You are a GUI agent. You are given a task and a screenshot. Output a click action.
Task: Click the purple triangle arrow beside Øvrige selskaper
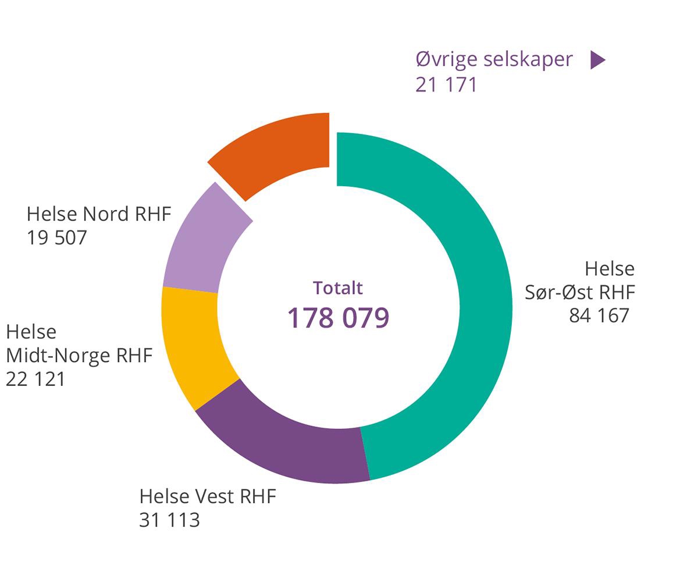click(597, 60)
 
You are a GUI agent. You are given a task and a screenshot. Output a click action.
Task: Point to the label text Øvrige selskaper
click(494, 59)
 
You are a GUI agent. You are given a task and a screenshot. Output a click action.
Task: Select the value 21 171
click(446, 85)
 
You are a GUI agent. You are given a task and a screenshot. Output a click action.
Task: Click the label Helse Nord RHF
click(99, 214)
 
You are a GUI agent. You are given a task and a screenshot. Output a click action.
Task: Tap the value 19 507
click(56, 238)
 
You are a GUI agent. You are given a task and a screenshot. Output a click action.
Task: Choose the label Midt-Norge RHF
click(79, 355)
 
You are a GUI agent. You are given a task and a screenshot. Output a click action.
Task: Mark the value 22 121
click(35, 379)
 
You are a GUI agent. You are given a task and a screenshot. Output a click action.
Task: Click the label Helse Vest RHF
click(208, 496)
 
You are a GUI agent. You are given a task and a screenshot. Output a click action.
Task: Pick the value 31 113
click(169, 520)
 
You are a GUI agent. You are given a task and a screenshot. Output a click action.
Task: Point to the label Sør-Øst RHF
click(579, 292)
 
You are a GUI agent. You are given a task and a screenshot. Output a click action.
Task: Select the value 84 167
click(599, 315)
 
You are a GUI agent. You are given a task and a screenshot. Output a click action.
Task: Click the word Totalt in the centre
click(338, 288)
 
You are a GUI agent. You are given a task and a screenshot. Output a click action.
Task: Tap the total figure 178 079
click(338, 318)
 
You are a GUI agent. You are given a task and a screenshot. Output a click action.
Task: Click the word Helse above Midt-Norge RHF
click(31, 332)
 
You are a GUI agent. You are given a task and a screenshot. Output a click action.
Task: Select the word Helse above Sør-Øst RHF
click(609, 269)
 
